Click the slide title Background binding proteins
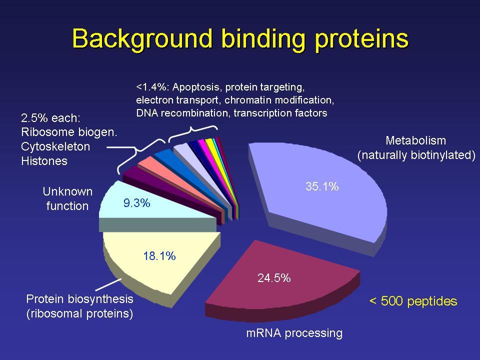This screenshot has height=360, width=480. (x=240, y=38)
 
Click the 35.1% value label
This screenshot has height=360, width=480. (x=322, y=186)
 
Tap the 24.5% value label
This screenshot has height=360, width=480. (x=274, y=278)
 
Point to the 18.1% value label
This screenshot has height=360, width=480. (x=159, y=256)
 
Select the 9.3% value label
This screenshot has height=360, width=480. (x=137, y=203)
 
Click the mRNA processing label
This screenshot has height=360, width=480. (x=294, y=333)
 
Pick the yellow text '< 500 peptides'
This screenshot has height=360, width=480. (x=413, y=301)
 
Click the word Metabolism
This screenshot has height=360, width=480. (x=415, y=140)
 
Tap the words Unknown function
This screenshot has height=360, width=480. (x=67, y=198)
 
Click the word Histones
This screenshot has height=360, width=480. (x=44, y=160)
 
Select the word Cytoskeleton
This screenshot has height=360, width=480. (x=55, y=146)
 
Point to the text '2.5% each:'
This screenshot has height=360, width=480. (x=50, y=118)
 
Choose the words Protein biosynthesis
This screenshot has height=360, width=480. (x=80, y=299)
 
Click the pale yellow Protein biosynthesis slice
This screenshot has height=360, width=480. (x=159, y=263)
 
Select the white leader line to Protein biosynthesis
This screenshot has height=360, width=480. (x=108, y=284)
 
